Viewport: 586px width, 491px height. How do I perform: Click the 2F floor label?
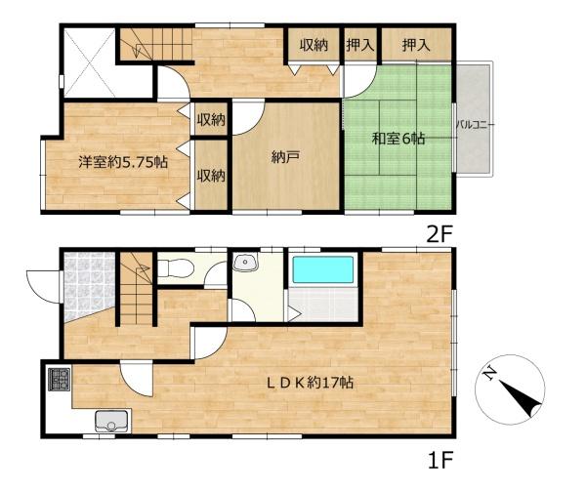[x=439, y=235]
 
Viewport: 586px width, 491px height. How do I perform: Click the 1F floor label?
[x=439, y=460]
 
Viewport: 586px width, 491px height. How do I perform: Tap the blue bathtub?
[x=323, y=269]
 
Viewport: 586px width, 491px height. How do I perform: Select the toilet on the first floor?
[x=176, y=268]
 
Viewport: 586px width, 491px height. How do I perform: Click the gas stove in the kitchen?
[x=59, y=380]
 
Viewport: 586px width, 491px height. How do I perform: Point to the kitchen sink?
[x=111, y=421]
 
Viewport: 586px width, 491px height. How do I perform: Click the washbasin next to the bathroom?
[x=245, y=262]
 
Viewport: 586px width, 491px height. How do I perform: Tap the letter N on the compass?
[x=489, y=374]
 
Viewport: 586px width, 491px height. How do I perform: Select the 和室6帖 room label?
[x=398, y=139]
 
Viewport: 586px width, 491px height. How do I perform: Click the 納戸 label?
[x=285, y=157]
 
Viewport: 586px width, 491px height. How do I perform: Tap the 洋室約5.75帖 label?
[x=123, y=162]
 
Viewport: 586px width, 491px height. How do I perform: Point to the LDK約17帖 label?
[x=310, y=383]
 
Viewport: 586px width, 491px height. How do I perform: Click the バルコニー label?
[x=474, y=125]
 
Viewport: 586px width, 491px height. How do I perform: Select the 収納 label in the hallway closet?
[x=314, y=45]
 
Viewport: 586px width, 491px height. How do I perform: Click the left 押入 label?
[x=359, y=45]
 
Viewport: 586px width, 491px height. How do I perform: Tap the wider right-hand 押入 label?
[x=416, y=45]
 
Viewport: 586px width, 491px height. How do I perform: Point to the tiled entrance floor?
[x=89, y=284]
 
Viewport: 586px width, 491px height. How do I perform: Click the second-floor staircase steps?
[x=156, y=44]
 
